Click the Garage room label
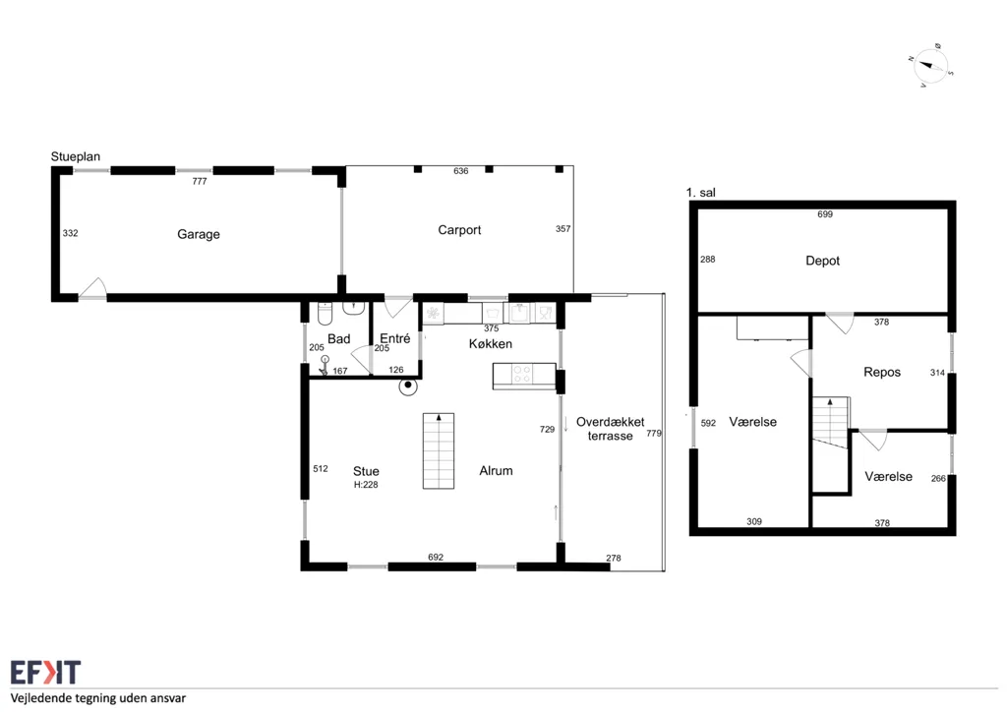[x=199, y=234]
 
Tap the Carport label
[x=459, y=230]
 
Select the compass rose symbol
[x=929, y=66]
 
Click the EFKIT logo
[x=45, y=673]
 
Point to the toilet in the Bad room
[x=325, y=314]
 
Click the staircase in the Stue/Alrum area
[x=439, y=450]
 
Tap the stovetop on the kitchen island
[x=522, y=375]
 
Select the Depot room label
[x=823, y=261]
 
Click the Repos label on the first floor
[x=882, y=373]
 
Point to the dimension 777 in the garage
[x=200, y=182]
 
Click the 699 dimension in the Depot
[x=825, y=214]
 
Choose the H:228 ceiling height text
[x=366, y=485]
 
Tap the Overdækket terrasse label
[x=610, y=429]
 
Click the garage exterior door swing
[x=92, y=288]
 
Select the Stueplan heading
[x=76, y=156]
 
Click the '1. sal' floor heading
[x=700, y=193]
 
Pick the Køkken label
[x=491, y=344]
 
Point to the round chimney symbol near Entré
[x=408, y=386]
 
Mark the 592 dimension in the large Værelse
[x=708, y=424]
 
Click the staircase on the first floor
[x=831, y=423]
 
